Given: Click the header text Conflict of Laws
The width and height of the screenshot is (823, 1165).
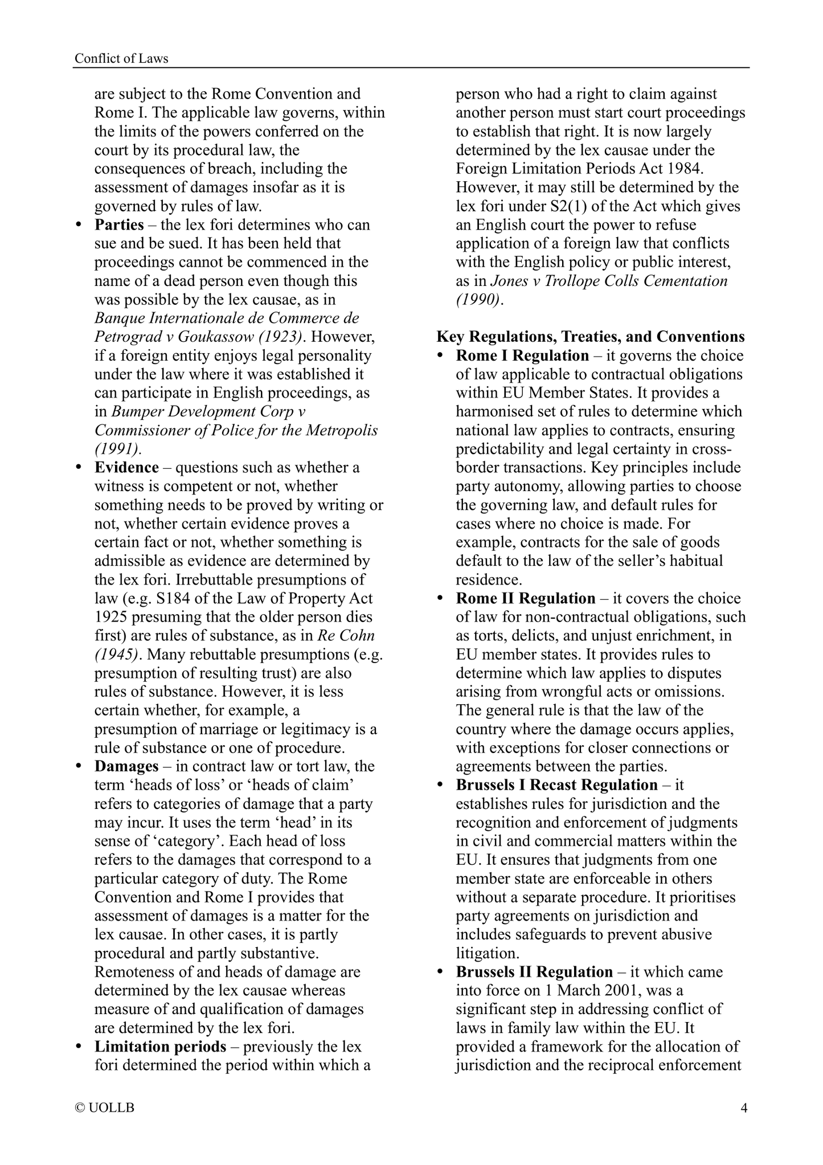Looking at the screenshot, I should tap(122, 58).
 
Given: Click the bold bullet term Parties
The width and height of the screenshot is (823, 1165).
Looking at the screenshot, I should tap(119, 224).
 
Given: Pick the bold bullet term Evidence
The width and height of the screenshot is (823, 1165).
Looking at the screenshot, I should tap(126, 467).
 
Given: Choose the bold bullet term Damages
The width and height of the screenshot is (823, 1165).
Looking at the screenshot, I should tap(126, 766).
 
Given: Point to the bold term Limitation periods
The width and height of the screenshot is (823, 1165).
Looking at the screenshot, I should tap(160, 1047).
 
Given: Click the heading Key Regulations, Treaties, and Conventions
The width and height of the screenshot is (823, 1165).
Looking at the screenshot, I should tap(591, 337).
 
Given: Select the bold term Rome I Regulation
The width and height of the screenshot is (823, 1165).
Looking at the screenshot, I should tap(522, 355).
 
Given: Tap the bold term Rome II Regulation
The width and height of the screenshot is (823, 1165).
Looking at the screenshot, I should tap(526, 598).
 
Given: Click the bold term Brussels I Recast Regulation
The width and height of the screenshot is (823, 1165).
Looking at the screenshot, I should tap(556, 785).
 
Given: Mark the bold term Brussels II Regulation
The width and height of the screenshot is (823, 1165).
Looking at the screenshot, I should tap(534, 972).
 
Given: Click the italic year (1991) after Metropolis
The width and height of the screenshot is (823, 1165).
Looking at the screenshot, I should tap(118, 449).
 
